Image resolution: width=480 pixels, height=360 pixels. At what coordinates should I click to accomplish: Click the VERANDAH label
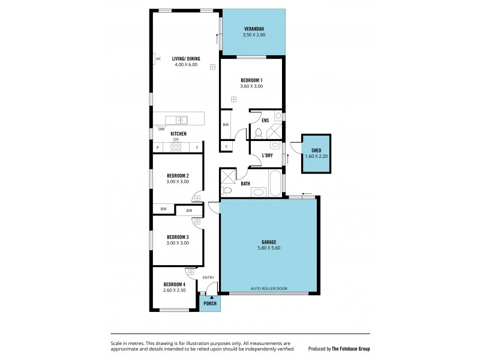pos(254,29)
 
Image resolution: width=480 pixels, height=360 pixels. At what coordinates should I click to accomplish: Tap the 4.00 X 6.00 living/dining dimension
pos(185,65)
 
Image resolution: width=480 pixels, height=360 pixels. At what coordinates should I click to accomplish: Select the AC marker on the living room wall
pos(158,59)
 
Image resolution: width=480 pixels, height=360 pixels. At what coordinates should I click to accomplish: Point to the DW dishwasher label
pos(161,129)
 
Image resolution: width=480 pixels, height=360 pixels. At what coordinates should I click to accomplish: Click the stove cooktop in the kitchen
pos(176,147)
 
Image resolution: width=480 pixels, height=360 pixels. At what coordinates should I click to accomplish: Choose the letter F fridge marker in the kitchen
pos(197,147)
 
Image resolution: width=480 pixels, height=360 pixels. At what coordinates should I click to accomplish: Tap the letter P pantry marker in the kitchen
pos(158,147)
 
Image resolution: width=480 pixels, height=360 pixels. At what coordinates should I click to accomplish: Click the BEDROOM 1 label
pos(251,80)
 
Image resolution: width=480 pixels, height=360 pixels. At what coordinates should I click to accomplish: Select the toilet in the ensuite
pos(258,133)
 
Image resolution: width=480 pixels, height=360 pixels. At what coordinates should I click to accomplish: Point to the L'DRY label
pos(268,155)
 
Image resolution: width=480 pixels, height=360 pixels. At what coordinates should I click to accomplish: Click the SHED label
pos(316,150)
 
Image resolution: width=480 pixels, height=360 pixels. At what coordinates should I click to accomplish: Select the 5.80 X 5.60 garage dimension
pos(268,248)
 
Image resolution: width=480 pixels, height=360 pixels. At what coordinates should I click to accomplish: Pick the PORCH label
pos(210,303)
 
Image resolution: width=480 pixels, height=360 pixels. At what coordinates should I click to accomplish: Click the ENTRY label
pos(208,277)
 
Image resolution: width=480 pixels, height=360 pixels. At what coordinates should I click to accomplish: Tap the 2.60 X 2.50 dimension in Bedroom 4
pos(175,290)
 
